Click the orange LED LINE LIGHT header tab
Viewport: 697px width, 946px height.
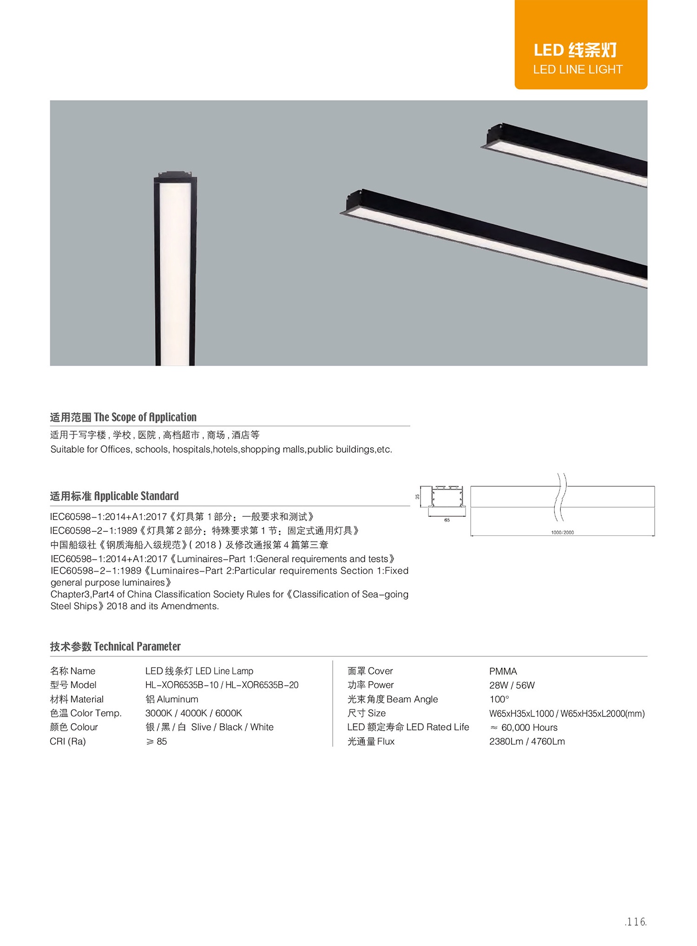(580, 45)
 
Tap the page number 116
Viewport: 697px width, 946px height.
(636, 921)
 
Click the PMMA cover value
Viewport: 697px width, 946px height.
(503, 671)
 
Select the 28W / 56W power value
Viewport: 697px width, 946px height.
(512, 685)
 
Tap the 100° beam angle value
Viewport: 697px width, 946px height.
(499, 699)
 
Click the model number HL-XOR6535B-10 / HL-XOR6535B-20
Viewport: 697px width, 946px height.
(222, 685)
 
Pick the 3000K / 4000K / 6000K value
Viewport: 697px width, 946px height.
(193, 713)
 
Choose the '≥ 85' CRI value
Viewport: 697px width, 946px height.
(157, 741)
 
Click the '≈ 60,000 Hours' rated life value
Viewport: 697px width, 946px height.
(524, 728)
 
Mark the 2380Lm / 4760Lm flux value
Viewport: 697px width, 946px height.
(527, 741)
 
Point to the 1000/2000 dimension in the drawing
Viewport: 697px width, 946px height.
(562, 532)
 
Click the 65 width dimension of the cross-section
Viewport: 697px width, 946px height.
(447, 520)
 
